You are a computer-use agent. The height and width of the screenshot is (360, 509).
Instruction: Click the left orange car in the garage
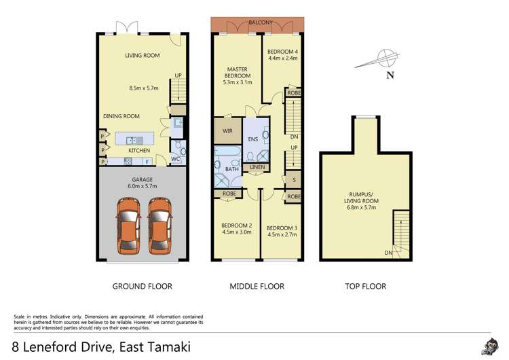127,226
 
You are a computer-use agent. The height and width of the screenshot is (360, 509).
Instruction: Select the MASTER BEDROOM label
237,79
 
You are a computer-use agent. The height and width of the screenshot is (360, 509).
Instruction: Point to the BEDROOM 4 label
282,55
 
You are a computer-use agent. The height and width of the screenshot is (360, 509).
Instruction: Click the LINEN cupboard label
257,167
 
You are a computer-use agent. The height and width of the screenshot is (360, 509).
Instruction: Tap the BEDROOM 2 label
236,230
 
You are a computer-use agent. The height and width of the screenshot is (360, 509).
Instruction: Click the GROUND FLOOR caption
142,286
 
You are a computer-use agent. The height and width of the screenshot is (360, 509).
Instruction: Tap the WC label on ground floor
175,160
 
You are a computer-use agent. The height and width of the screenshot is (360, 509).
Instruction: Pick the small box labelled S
293,181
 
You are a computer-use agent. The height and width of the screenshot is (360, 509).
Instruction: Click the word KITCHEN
138,150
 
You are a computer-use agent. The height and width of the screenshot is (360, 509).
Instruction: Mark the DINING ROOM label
121,116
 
